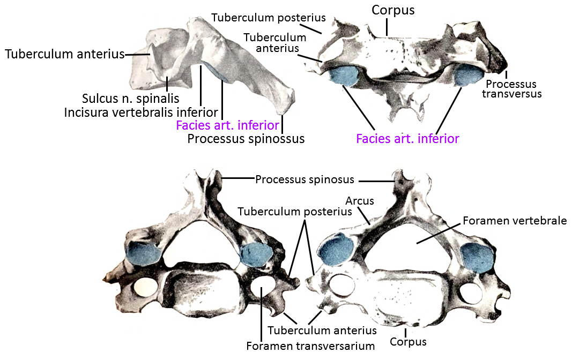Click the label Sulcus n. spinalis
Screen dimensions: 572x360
[x=131, y=99]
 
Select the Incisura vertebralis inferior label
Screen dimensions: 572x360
[x=141, y=112]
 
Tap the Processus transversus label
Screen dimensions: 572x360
[x=511, y=89]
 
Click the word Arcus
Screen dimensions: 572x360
[x=360, y=201]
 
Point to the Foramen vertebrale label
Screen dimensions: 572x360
[x=515, y=220]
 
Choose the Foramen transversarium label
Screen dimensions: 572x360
[x=310, y=346]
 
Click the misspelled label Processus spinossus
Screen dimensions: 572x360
[x=246, y=139]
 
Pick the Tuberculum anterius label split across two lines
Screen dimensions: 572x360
[x=274, y=43]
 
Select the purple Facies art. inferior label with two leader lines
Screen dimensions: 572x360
[x=407, y=138]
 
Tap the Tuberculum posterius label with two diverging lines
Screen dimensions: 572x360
[x=295, y=212]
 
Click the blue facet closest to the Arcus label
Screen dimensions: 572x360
[x=336, y=250]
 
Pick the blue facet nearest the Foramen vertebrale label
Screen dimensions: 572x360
[x=477, y=257]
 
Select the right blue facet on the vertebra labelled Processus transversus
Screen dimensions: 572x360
[x=468, y=75]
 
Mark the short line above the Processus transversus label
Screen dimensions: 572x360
[x=507, y=74]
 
